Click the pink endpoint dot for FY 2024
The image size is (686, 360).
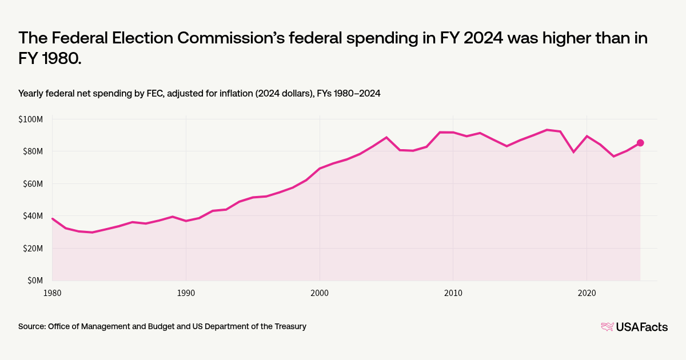(640, 143)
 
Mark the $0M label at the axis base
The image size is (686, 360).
(35, 281)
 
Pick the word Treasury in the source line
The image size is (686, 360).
(289, 326)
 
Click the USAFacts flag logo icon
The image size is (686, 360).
(607, 327)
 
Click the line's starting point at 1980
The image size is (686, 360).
(52, 218)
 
